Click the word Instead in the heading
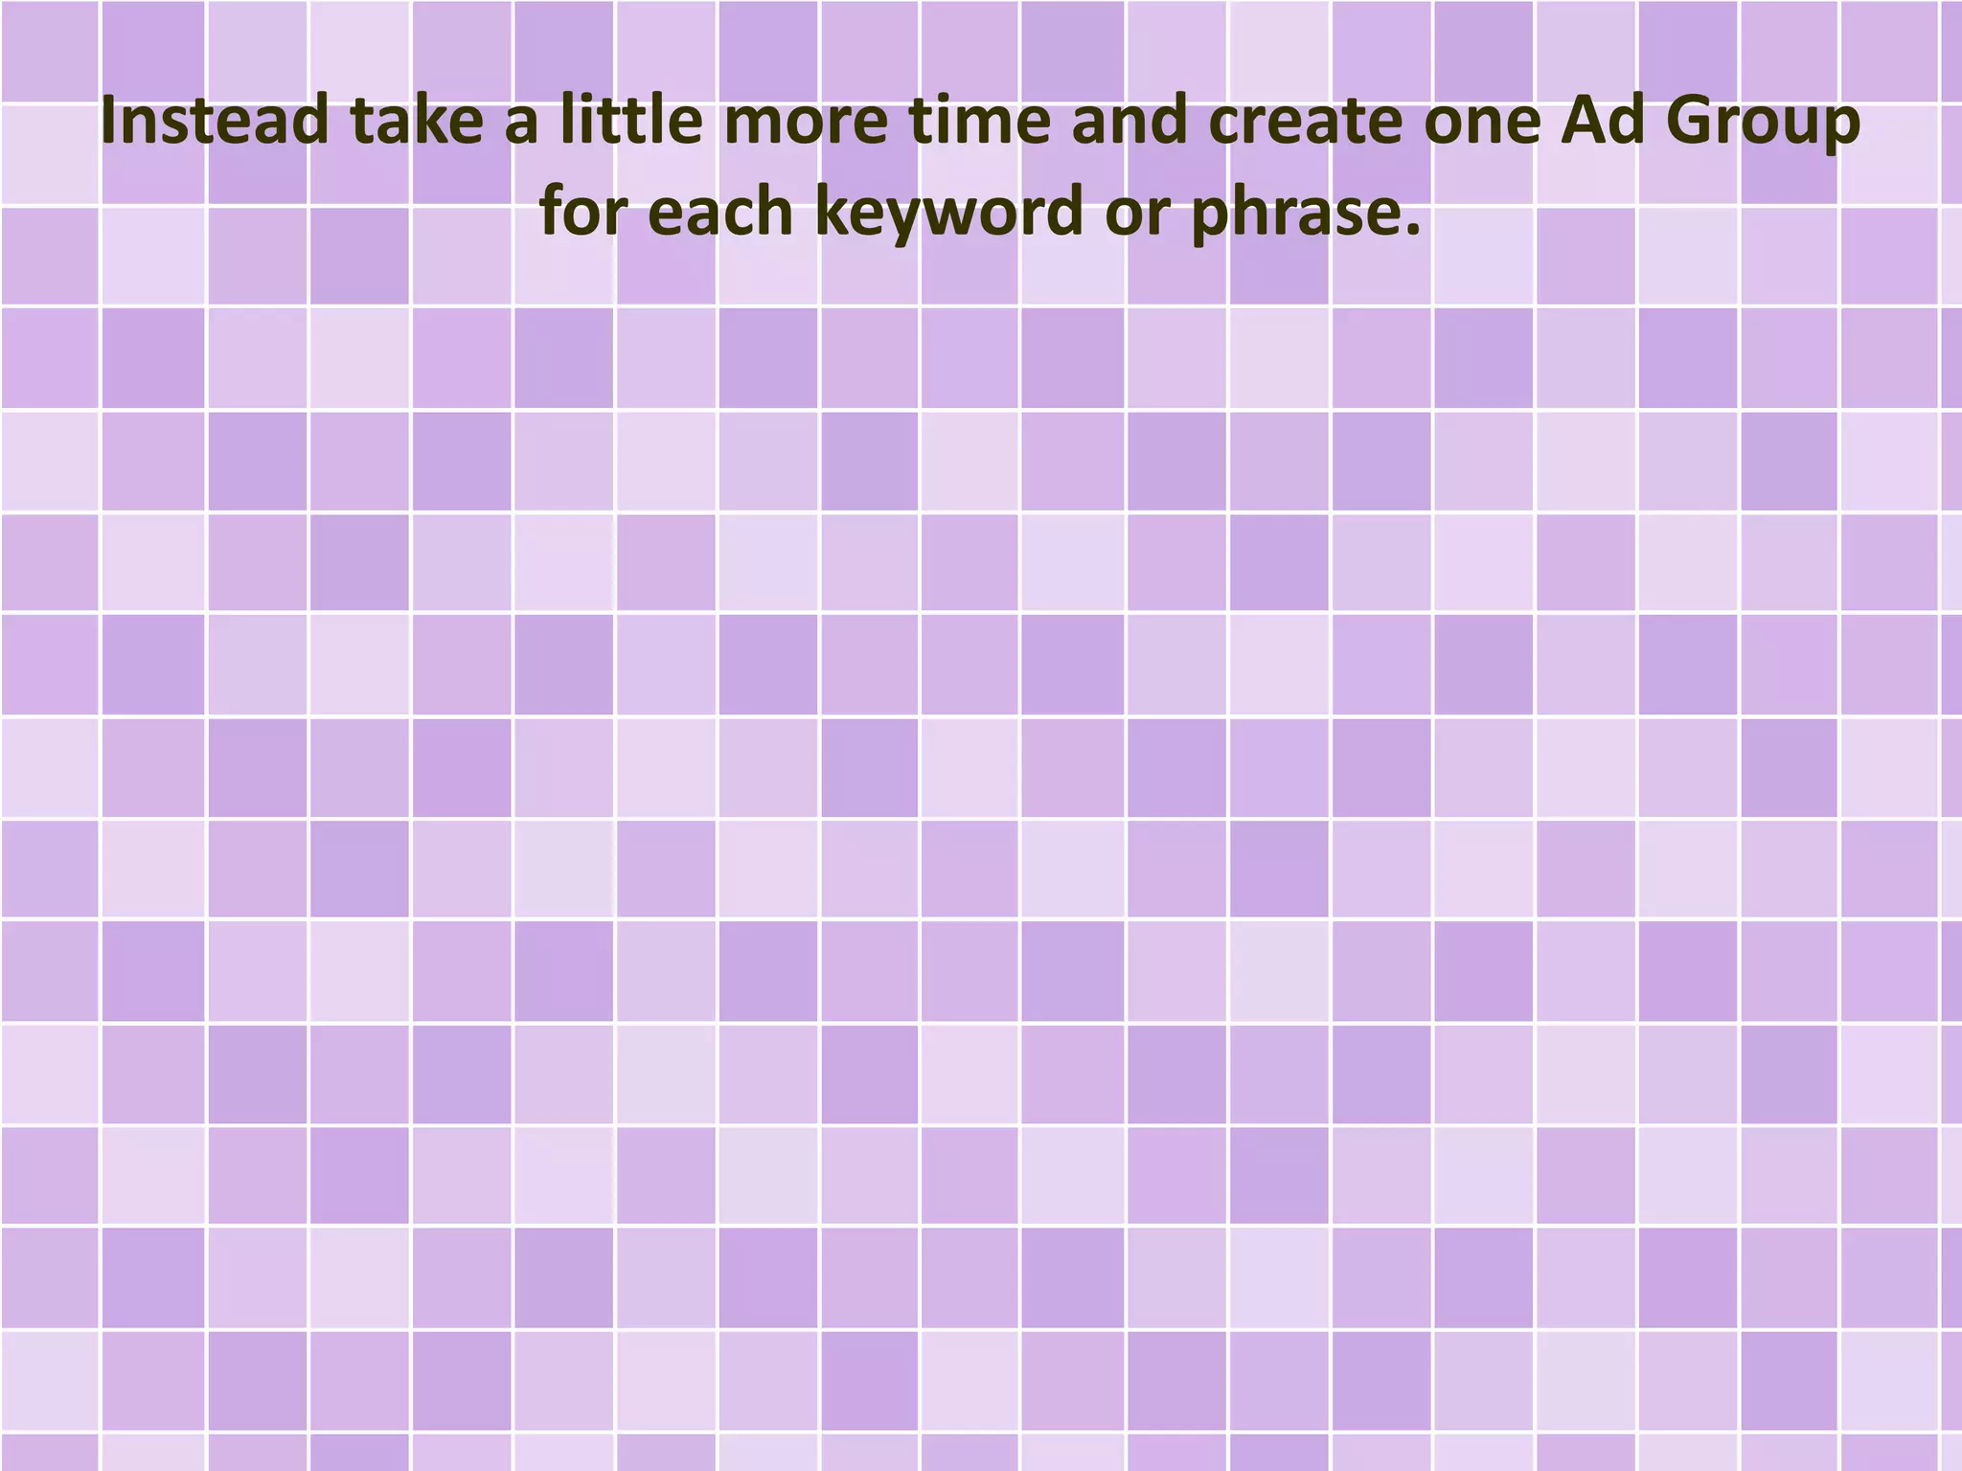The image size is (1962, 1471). click(214, 122)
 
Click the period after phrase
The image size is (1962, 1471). click(1410, 230)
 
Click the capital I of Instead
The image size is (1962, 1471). click(107, 122)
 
